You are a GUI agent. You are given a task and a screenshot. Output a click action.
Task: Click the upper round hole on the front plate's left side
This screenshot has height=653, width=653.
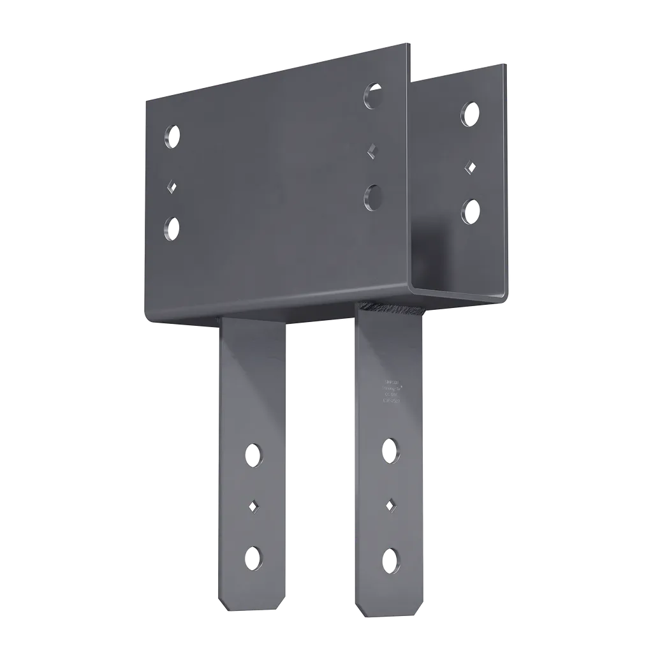point(171,136)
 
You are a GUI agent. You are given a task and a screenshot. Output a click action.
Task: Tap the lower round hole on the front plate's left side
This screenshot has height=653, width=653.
point(171,227)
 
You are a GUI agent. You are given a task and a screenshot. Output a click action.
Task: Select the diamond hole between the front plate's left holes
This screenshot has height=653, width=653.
point(171,186)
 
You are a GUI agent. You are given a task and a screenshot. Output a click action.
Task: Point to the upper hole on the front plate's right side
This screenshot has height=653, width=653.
point(373,94)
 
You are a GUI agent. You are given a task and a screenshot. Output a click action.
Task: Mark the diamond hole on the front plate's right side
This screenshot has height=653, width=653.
point(371,151)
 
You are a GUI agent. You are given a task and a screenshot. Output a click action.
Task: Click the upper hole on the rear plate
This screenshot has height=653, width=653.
point(470,114)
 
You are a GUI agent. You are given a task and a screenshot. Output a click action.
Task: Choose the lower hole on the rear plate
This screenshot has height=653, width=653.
point(471,210)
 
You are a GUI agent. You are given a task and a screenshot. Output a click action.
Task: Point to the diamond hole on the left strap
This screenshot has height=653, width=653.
point(253,506)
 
